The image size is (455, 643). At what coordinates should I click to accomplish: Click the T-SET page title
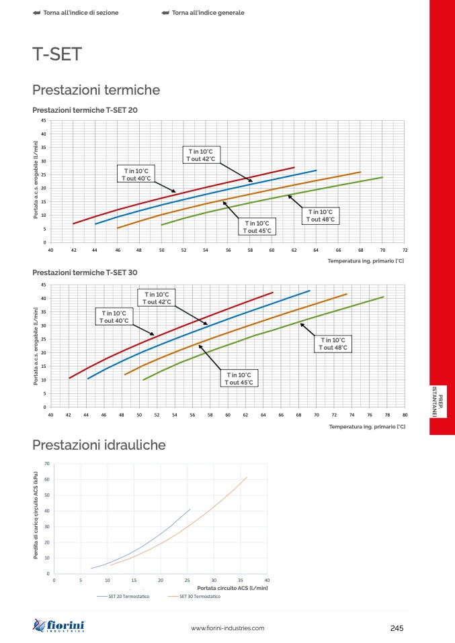(x=57, y=54)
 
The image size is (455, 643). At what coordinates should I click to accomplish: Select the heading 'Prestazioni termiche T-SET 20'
(x=85, y=109)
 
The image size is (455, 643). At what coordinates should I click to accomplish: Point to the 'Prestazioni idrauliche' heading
(x=99, y=444)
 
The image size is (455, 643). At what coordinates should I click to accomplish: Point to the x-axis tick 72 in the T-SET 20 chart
(x=405, y=250)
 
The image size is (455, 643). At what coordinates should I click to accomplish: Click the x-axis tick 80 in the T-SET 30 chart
(x=405, y=415)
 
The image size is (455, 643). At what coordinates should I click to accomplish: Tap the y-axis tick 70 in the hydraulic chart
(x=47, y=464)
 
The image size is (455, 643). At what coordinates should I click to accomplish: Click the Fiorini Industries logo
(x=63, y=627)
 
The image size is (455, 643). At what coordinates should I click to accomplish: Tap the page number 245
(x=396, y=628)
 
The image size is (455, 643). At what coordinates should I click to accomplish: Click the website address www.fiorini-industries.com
(x=228, y=628)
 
